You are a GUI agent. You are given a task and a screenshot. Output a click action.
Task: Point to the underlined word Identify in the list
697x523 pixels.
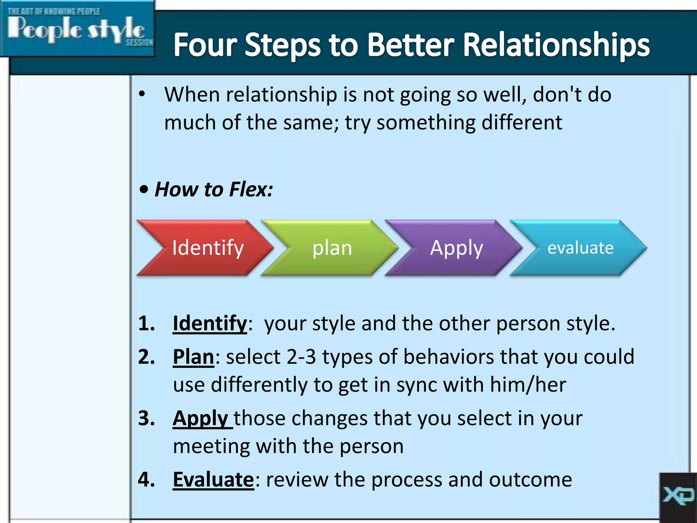pos(210,323)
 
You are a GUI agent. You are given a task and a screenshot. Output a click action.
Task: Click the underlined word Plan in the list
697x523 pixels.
pos(193,357)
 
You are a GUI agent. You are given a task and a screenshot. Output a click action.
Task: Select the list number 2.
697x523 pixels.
pos(146,357)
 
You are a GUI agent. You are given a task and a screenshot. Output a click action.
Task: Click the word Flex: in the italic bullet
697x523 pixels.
pos(251,189)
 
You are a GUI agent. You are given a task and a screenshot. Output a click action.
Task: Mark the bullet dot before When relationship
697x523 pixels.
pos(142,94)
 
